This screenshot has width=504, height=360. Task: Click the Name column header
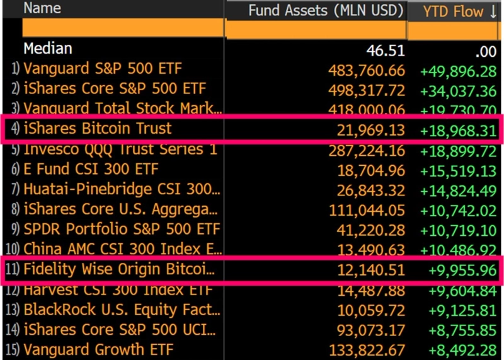coord(42,8)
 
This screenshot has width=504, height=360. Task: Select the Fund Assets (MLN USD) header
coord(325,10)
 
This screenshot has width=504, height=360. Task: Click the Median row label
coord(48,49)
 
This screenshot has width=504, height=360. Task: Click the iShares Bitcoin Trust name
coord(98,129)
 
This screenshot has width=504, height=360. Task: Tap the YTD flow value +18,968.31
coord(458,131)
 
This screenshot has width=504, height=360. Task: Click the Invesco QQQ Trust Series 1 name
coord(120,149)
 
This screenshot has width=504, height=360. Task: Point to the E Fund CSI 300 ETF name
coord(91,169)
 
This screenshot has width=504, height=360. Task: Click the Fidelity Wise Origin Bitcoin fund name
coord(119,270)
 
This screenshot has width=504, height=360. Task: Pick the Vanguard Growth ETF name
coord(98,349)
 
